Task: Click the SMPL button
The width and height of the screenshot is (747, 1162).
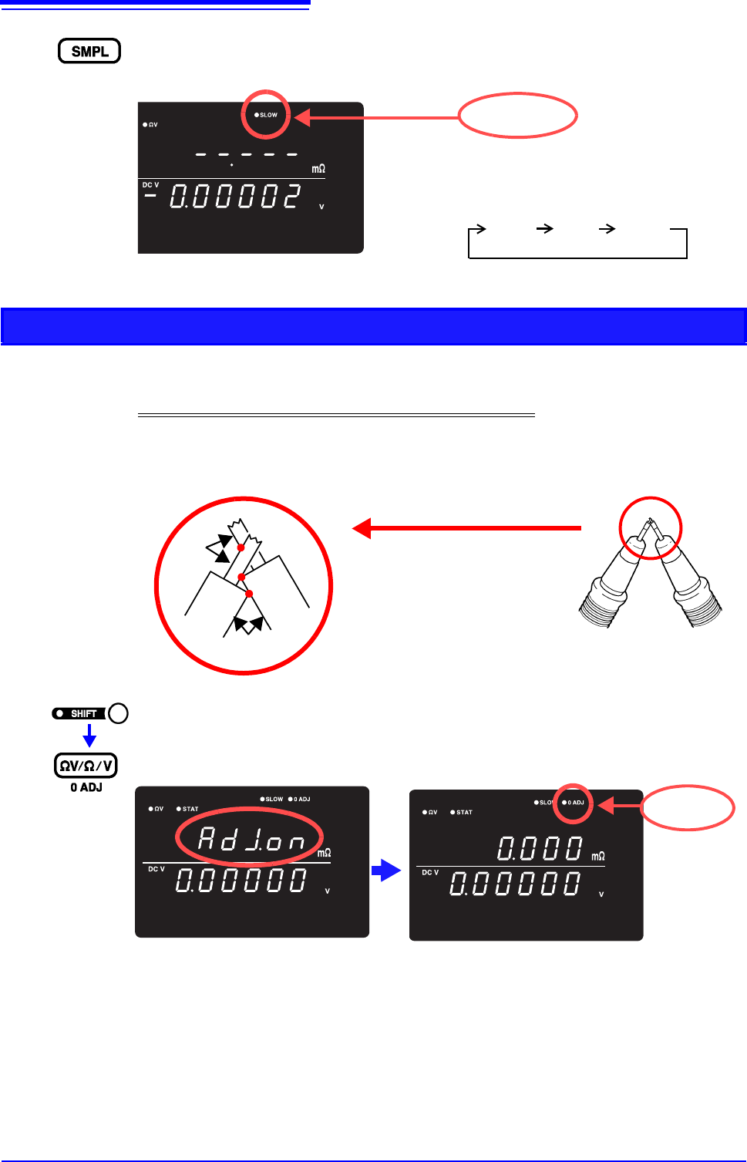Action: tap(89, 51)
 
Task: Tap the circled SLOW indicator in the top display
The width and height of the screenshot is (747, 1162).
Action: tap(266, 115)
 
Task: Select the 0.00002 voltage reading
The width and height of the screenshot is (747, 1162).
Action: tap(234, 197)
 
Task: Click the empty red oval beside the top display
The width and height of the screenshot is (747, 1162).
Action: tap(517, 116)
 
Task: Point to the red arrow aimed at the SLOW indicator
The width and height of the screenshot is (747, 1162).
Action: tap(378, 117)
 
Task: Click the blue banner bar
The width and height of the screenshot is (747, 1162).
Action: tap(373, 325)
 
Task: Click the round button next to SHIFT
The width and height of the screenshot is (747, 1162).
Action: tap(118, 713)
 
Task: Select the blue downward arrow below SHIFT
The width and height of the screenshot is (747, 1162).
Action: tap(89, 736)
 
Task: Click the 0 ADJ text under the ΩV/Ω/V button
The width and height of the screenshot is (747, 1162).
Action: tap(86, 787)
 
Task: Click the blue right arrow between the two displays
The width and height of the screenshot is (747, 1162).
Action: tap(386, 871)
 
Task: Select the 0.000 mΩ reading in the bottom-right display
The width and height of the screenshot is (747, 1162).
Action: tap(540, 849)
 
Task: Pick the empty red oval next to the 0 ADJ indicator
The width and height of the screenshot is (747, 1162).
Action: tap(688, 807)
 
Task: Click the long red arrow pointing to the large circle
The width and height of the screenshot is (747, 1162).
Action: tap(466, 528)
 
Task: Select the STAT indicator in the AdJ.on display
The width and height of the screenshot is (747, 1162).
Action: tap(187, 809)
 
